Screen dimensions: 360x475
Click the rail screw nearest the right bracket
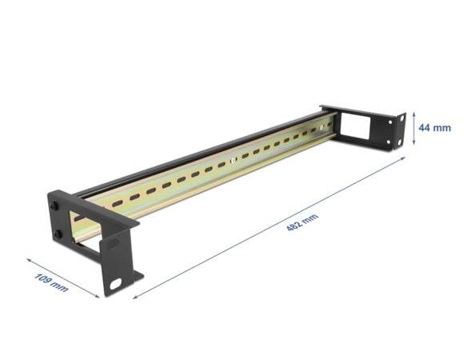pyautogui.click(x=321, y=126)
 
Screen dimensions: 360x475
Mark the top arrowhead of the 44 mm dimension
pyautogui.click(x=414, y=113)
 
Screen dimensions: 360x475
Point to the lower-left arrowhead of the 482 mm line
pyautogui.click(x=146, y=286)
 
